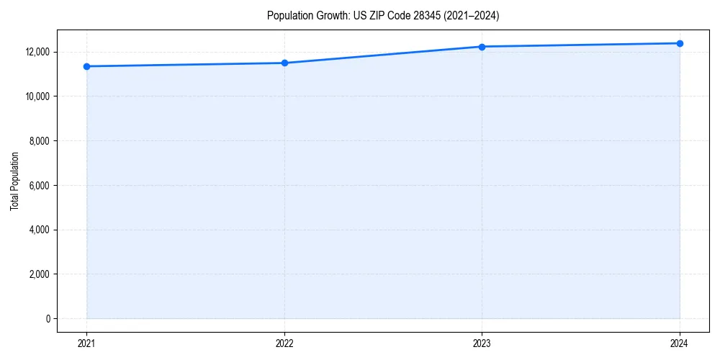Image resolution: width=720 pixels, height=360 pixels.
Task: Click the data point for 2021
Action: click(x=86, y=66)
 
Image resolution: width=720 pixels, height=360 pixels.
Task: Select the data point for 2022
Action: click(x=284, y=63)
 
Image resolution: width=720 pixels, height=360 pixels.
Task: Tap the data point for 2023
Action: click(x=482, y=47)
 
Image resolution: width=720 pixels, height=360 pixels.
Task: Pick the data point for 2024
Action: click(x=680, y=43)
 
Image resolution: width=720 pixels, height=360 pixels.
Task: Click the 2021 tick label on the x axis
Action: click(x=86, y=343)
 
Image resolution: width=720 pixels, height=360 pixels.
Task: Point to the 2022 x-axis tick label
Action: click(x=284, y=343)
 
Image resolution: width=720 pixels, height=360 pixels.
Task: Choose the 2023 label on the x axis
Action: click(x=482, y=343)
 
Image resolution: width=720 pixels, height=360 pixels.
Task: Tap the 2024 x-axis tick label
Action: click(x=680, y=343)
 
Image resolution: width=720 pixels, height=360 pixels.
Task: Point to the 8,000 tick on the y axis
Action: click(x=40, y=141)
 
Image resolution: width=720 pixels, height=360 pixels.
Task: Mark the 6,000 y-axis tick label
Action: click(x=40, y=185)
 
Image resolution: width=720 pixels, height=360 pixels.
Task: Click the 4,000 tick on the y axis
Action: click(x=40, y=230)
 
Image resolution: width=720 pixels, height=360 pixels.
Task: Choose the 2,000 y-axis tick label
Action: click(x=40, y=274)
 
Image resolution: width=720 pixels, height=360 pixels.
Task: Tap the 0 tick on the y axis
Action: click(x=48, y=318)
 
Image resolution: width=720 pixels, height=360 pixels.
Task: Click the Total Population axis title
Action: click(x=14, y=181)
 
